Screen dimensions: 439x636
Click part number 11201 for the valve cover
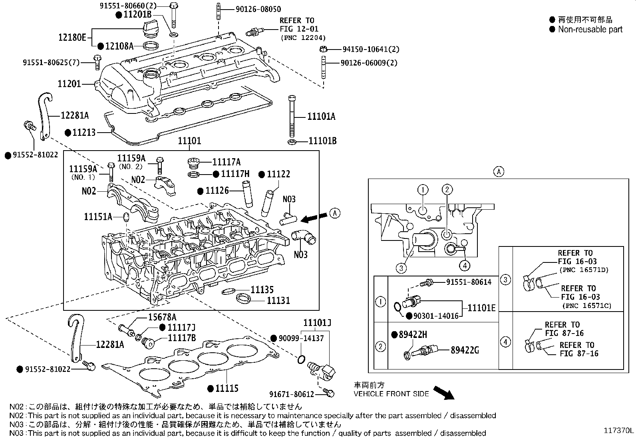[x=69, y=84]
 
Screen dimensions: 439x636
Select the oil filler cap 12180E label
[x=72, y=38]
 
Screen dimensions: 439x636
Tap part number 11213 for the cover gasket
[x=83, y=132]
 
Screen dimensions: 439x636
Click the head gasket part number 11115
[x=227, y=388]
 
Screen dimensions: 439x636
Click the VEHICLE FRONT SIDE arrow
[x=443, y=393]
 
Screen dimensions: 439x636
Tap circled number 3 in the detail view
[x=401, y=268]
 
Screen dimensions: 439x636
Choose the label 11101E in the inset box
[x=481, y=308]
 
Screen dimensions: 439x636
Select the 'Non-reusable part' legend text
[x=590, y=29]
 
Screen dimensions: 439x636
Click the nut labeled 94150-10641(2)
[x=324, y=50]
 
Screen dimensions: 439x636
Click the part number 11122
[x=278, y=174]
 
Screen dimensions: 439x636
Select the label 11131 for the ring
[x=278, y=300]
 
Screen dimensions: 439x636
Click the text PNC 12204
[x=303, y=38]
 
